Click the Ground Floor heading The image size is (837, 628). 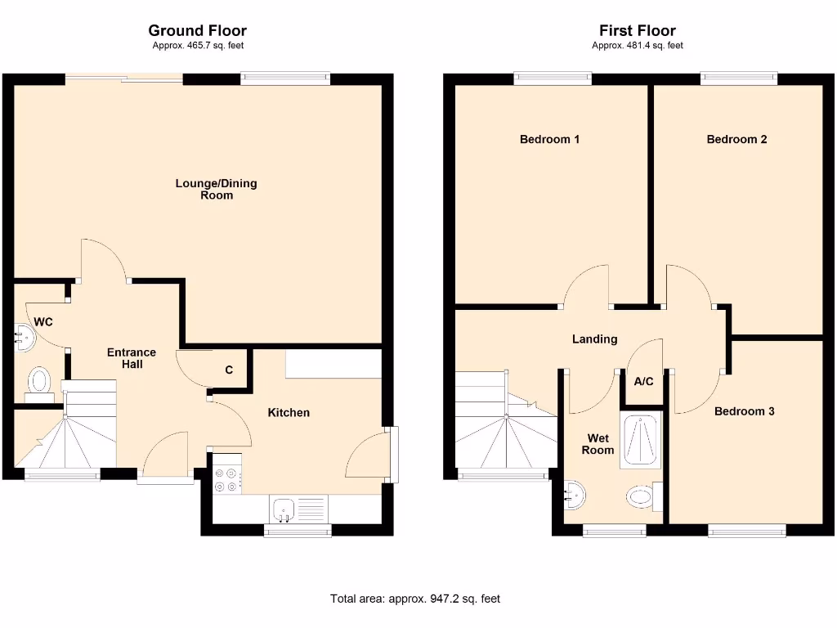[197, 31]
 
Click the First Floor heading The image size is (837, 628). [637, 31]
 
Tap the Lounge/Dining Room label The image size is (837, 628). [216, 189]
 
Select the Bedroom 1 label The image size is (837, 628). [549, 139]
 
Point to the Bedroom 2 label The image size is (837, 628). [736, 139]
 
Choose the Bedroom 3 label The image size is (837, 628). [744, 411]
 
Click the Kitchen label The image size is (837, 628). [289, 412]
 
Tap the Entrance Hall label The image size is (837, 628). [132, 358]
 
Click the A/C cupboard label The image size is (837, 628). [643, 380]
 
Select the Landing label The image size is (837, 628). [594, 339]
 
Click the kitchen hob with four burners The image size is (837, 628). [227, 479]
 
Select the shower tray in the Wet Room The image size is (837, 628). [642, 442]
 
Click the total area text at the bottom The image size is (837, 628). [414, 599]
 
